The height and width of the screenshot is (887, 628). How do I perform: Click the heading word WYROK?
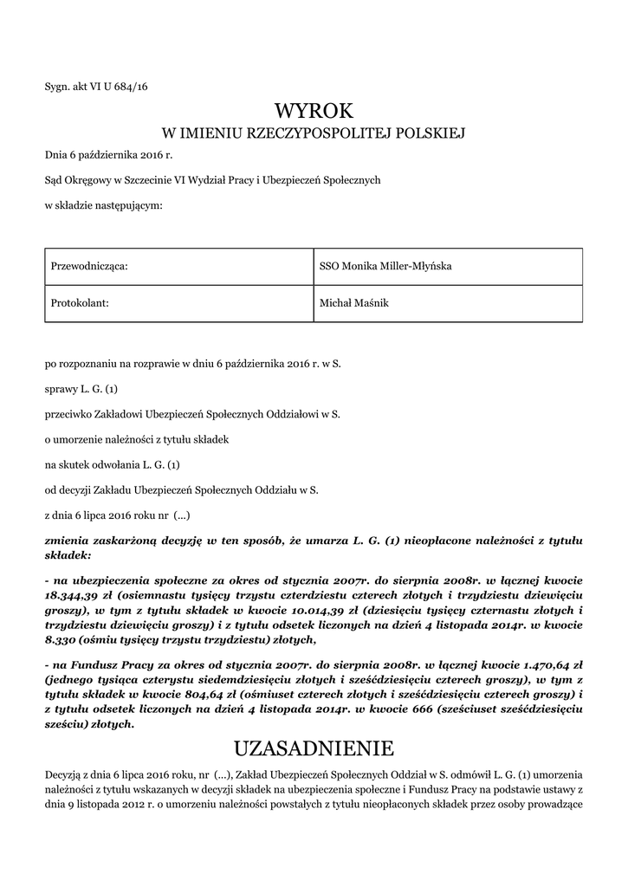coord(314,110)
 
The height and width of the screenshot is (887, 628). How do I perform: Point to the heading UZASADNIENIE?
coord(314,748)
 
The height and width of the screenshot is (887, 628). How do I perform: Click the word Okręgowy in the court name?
coord(85,180)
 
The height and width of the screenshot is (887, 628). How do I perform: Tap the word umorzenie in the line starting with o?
coord(78,440)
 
